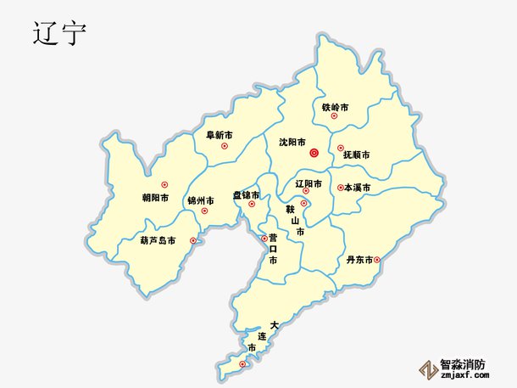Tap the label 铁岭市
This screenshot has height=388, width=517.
[x=335, y=107]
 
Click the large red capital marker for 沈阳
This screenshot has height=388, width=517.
[x=314, y=154]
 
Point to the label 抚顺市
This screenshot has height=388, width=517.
[x=356, y=155]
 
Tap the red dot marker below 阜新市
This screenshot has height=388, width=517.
[x=225, y=146]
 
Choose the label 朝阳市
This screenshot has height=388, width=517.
[x=155, y=198]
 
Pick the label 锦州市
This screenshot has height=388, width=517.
[x=201, y=200]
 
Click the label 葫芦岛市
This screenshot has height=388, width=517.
[x=158, y=240]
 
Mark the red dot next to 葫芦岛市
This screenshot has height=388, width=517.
[x=193, y=240]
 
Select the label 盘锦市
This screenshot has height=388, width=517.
[x=247, y=194]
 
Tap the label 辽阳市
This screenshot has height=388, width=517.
[x=308, y=183]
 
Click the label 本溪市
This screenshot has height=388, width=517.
[x=357, y=188]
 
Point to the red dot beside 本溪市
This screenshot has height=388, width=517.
[x=340, y=188]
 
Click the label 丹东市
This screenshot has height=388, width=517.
[x=359, y=260]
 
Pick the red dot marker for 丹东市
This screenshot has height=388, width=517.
[x=377, y=260]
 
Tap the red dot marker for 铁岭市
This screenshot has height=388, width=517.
[x=334, y=116]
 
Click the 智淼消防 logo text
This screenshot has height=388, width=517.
[x=463, y=364]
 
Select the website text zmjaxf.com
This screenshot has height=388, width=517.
[x=464, y=376]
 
